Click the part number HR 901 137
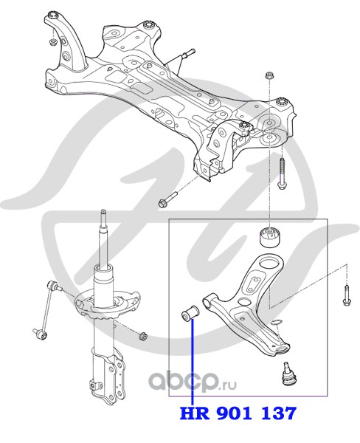pyautogui.click(x=238, y=413)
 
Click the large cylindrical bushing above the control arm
pyautogui.click(x=270, y=237)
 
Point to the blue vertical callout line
pyautogui.click(x=193, y=362)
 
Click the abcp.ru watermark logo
pyautogui.click(x=193, y=382)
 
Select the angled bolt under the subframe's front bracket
pyautogui.click(x=168, y=199)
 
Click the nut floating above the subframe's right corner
pyautogui.click(x=269, y=76)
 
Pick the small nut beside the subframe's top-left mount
pyautogui.click(x=53, y=42)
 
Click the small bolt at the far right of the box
pyautogui.click(x=346, y=295)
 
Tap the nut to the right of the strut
pyautogui.click(x=143, y=336)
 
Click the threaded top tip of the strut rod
pyautogui.click(x=103, y=212)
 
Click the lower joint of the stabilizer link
pyautogui.click(x=40, y=334)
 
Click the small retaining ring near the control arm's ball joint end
pyautogui.click(x=275, y=322)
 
